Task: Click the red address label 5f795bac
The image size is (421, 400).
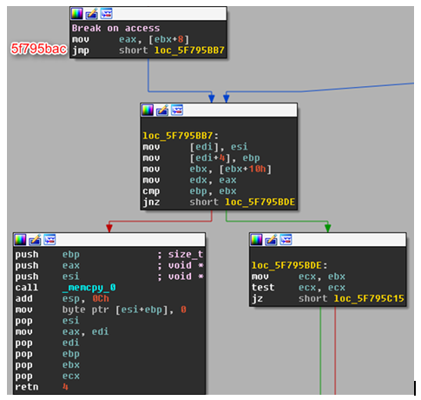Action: pyautogui.click(x=39, y=49)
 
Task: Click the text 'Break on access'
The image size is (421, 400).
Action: pyautogui.click(x=115, y=28)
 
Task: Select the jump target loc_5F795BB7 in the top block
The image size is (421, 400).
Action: pyautogui.click(x=189, y=50)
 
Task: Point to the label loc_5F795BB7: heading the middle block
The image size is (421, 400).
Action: pyautogui.click(x=181, y=136)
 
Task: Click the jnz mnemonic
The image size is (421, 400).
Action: pyautogui.click(x=151, y=202)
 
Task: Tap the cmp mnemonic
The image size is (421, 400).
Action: pyautogui.click(x=151, y=191)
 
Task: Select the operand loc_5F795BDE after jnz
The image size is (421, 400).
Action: pyautogui.click(x=260, y=202)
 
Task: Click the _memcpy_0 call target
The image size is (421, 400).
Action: pyautogui.click(x=89, y=288)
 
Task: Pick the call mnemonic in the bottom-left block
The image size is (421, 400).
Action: pyautogui.click(x=27, y=287)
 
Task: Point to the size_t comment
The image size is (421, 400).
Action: pyautogui.click(x=186, y=254)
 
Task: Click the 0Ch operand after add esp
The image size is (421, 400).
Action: pyautogui.click(x=101, y=298)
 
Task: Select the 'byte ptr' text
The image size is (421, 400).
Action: pyautogui.click(x=86, y=310)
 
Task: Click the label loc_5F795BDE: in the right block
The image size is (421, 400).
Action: pyautogui.click(x=289, y=265)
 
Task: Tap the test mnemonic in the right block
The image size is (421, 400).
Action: pyautogui.click(x=263, y=287)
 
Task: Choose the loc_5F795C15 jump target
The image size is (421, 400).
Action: pyautogui.click(x=369, y=298)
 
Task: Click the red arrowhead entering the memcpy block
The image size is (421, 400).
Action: pyautogui.click(x=109, y=228)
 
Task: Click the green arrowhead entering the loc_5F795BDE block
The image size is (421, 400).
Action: pyautogui.click(x=327, y=228)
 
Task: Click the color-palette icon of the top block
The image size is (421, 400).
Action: pyautogui.click(x=77, y=14)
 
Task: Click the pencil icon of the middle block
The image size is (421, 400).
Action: pyautogui.click(x=162, y=110)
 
